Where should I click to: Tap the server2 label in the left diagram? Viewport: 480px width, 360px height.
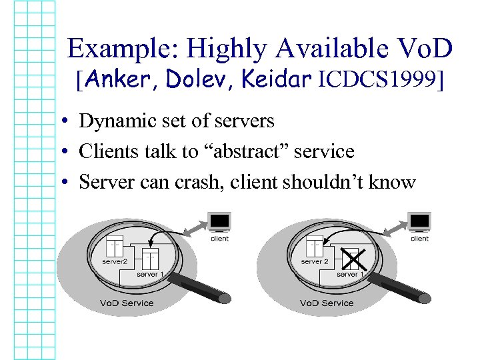point(115,262)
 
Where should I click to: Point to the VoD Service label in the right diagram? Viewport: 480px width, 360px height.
point(327,303)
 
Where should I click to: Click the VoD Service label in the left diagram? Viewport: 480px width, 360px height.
point(127,303)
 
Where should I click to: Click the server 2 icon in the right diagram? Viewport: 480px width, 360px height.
point(315,247)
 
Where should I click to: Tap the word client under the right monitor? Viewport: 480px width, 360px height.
point(419,238)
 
